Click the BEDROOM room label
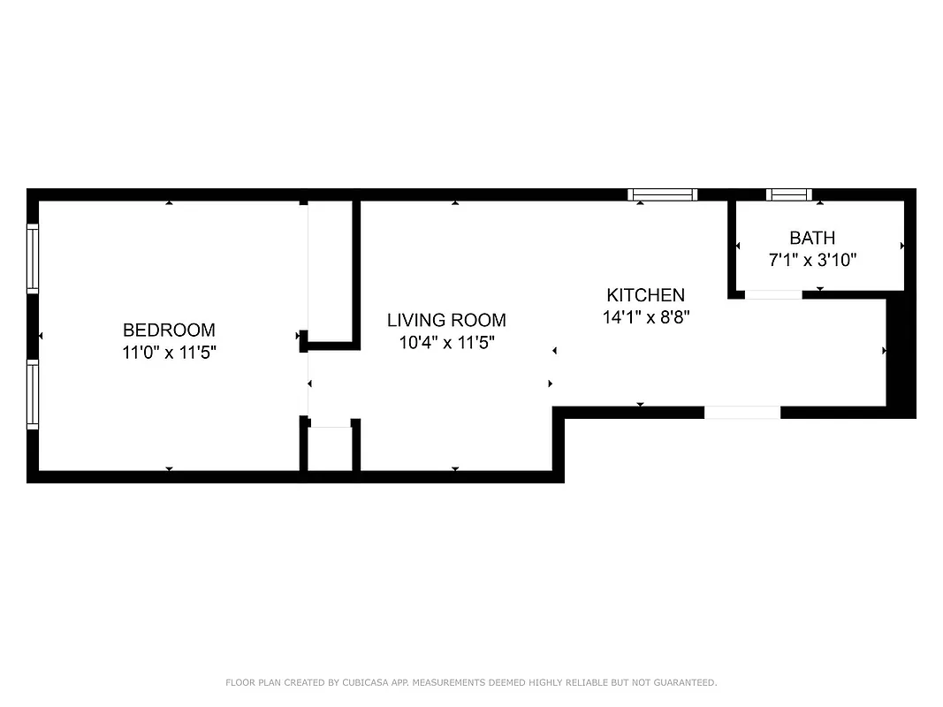pos(169,330)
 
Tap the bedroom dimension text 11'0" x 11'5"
pos(169,352)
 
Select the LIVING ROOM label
pos(446,320)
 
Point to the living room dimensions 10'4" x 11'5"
pos(446,342)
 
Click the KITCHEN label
pos(645,295)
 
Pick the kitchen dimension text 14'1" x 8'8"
pos(645,317)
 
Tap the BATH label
pos(811,238)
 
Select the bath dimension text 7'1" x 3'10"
pos(811,260)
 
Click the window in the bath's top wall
pos(788,194)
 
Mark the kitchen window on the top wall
pos(663,194)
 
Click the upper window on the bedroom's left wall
pos(33,258)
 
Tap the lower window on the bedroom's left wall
pos(33,395)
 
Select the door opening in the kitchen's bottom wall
pos(742,412)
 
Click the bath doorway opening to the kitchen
pos(773,294)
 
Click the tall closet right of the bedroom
pos(331,270)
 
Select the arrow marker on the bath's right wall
pos(901,245)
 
